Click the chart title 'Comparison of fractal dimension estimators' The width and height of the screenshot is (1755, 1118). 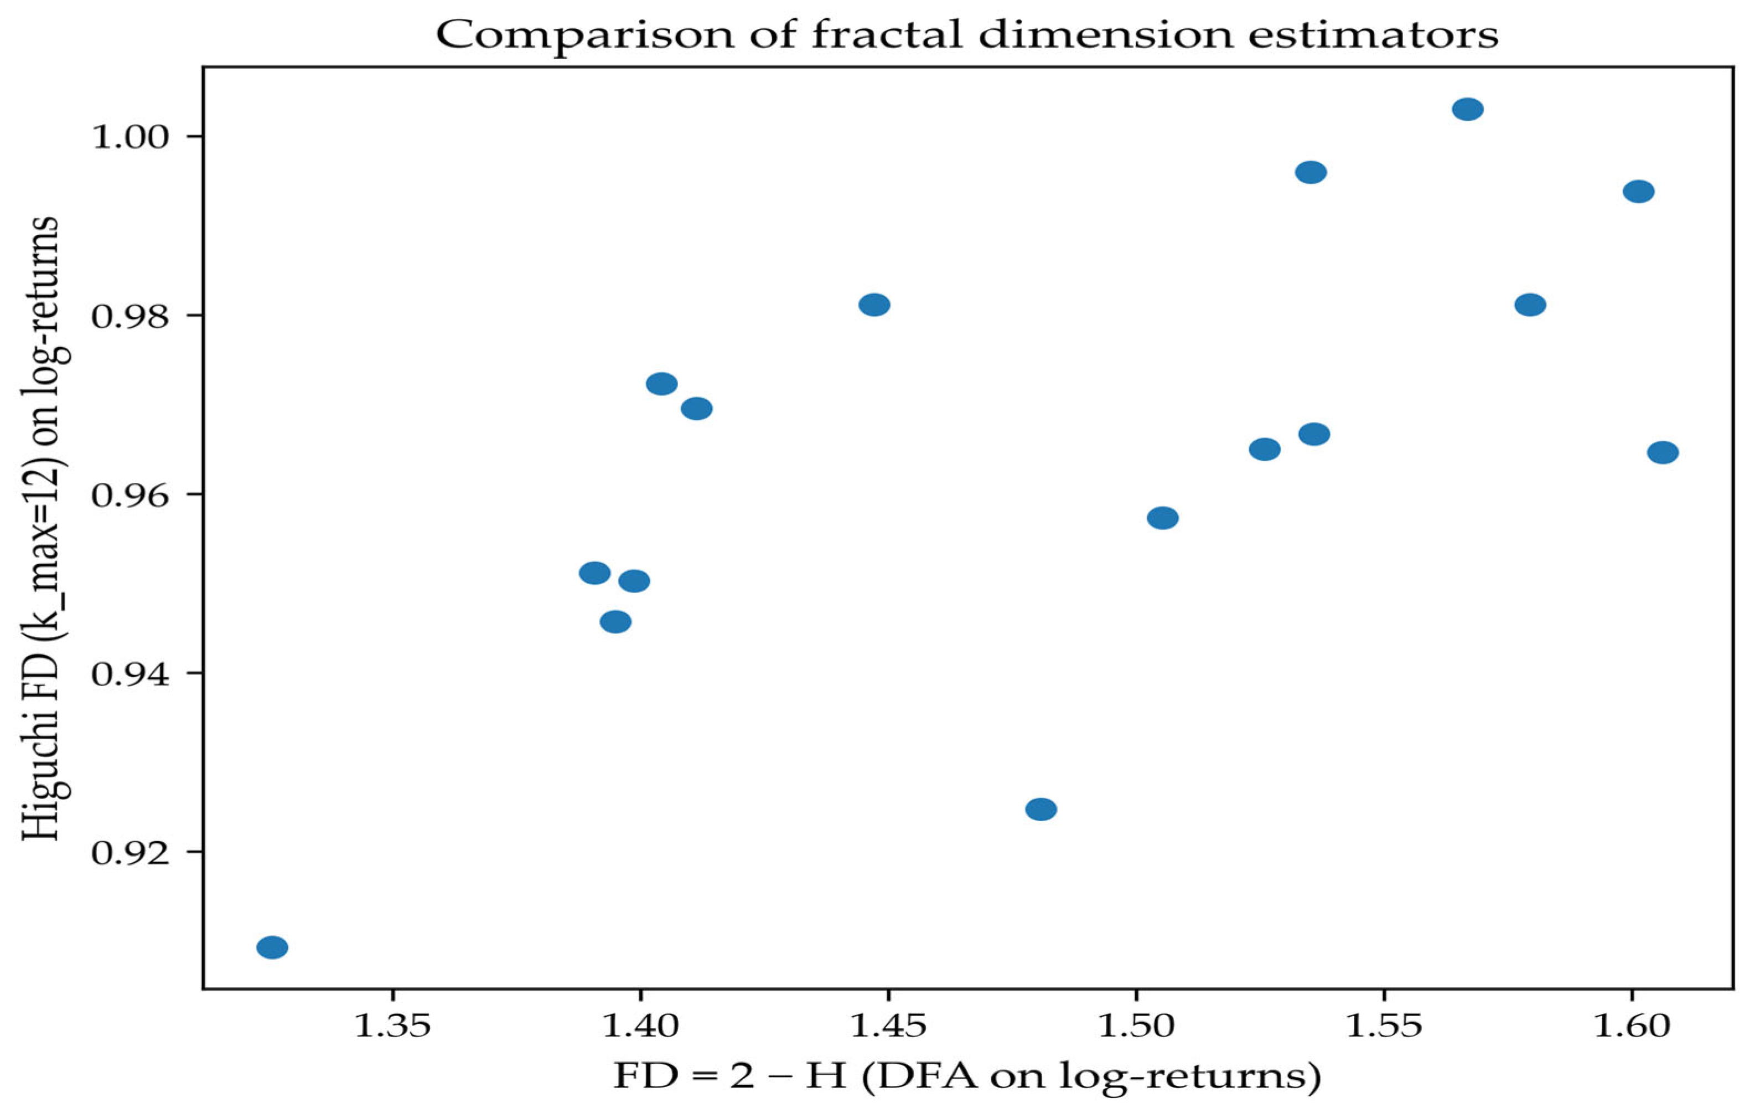pyautogui.click(x=967, y=34)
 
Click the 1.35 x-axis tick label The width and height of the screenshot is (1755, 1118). pyautogui.click(x=393, y=1026)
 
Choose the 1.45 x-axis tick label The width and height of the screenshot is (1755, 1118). pyautogui.click(x=888, y=1026)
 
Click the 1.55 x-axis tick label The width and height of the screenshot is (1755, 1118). pyautogui.click(x=1383, y=1026)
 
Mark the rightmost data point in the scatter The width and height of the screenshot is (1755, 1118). pyautogui.click(x=1663, y=452)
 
